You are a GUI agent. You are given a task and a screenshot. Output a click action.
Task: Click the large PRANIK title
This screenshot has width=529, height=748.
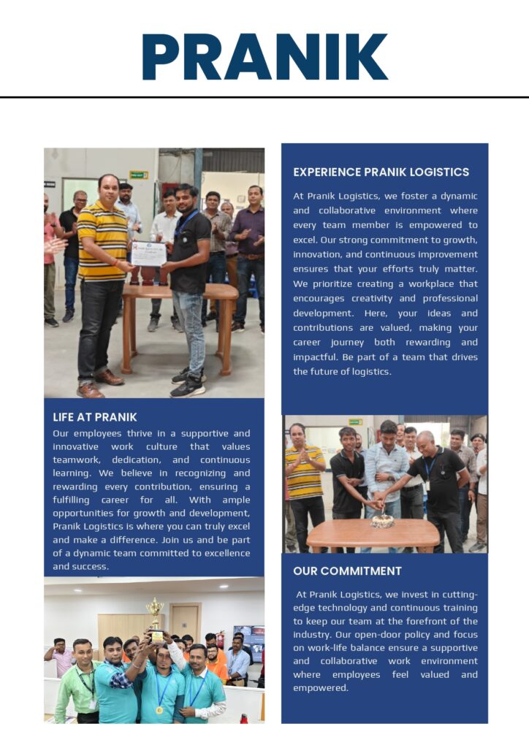[x=264, y=56]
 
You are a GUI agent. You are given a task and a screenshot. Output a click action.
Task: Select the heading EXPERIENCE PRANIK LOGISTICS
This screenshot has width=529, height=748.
[x=381, y=172]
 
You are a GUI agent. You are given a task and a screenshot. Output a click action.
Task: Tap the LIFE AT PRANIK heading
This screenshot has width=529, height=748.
[x=95, y=417]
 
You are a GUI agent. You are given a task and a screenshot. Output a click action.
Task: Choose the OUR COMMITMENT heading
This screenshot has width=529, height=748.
[x=347, y=570]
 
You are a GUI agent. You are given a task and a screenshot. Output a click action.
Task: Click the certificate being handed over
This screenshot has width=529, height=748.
[x=148, y=253]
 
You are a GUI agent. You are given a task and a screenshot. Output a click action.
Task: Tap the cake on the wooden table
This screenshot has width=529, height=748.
[x=381, y=521]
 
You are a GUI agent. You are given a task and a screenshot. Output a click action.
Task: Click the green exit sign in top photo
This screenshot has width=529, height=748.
[x=138, y=175]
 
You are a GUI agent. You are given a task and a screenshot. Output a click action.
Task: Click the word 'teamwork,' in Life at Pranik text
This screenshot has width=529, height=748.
[x=77, y=460]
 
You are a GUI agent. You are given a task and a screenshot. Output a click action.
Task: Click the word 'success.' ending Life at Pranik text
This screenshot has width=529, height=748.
[x=91, y=567]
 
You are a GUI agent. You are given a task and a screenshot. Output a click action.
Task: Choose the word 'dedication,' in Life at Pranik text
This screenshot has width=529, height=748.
[x=141, y=460]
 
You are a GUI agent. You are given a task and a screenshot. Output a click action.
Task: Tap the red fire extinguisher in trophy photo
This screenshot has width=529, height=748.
[x=221, y=641]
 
